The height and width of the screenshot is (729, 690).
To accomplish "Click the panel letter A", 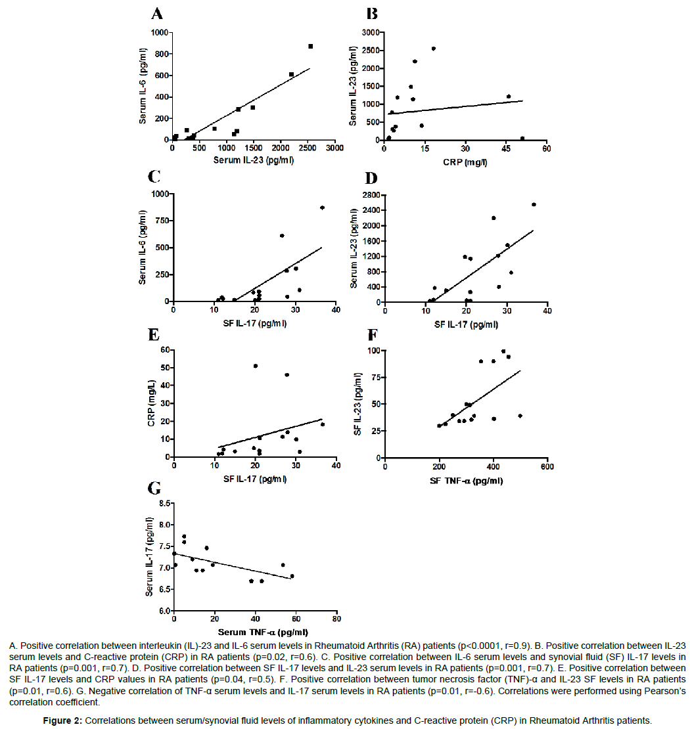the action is click(157, 14).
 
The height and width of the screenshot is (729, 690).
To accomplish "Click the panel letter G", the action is click(154, 488).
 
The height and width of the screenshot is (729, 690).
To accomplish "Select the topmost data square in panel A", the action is click(310, 47).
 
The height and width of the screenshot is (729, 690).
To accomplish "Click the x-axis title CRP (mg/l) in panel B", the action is click(465, 162).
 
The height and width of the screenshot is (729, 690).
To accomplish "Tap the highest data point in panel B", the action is click(433, 49).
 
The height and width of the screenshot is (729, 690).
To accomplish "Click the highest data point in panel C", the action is click(322, 208).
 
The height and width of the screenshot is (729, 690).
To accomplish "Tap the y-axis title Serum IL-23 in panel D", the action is click(354, 248).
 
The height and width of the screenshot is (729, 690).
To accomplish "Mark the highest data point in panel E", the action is click(256, 366).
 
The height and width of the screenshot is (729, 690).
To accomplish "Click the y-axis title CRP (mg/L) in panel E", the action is click(152, 403).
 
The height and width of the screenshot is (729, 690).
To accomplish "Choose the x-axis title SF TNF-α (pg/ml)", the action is click(466, 481).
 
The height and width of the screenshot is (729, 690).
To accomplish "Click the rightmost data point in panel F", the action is click(520, 416).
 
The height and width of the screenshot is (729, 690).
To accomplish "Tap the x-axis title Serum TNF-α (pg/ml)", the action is click(263, 632).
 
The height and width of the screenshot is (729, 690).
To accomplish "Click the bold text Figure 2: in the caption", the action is click(62, 720).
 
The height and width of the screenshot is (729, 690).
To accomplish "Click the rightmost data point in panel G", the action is click(292, 576).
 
